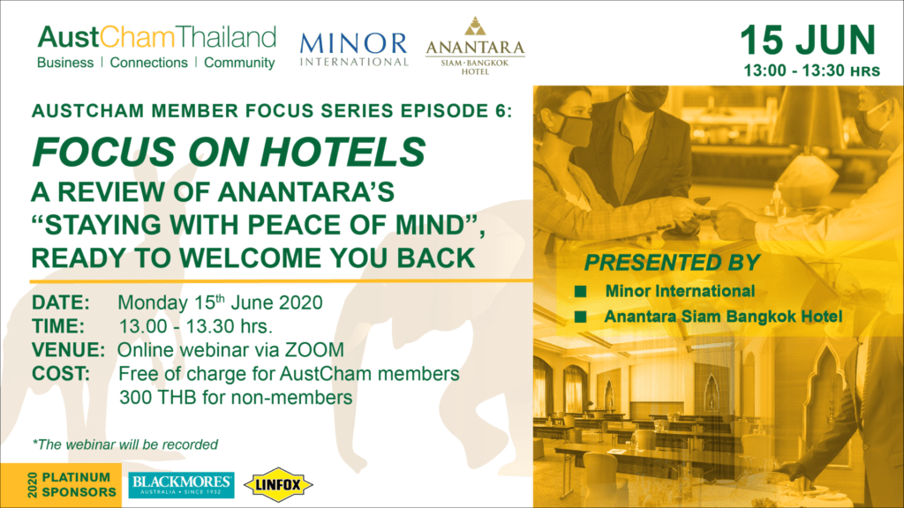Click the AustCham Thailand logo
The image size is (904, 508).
click(x=156, y=48)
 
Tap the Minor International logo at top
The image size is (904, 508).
click(x=354, y=49)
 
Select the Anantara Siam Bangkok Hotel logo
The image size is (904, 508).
click(x=475, y=46)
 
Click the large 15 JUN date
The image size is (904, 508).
click(x=808, y=41)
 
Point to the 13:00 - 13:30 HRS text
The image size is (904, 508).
click(x=812, y=71)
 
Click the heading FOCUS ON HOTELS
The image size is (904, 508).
click(x=229, y=152)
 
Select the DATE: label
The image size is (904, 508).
click(x=61, y=303)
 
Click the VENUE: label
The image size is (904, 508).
click(x=68, y=349)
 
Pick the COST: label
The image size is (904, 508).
click(x=61, y=374)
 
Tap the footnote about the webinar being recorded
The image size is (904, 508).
click(x=125, y=444)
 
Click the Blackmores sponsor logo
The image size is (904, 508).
click(x=181, y=485)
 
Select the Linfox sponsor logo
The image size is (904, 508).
click(x=278, y=485)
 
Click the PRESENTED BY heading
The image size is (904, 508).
click(x=672, y=263)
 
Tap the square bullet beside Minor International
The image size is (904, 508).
click(x=581, y=291)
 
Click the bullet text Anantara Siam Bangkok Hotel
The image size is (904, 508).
click(x=723, y=317)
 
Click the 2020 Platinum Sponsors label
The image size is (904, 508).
click(x=72, y=485)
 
